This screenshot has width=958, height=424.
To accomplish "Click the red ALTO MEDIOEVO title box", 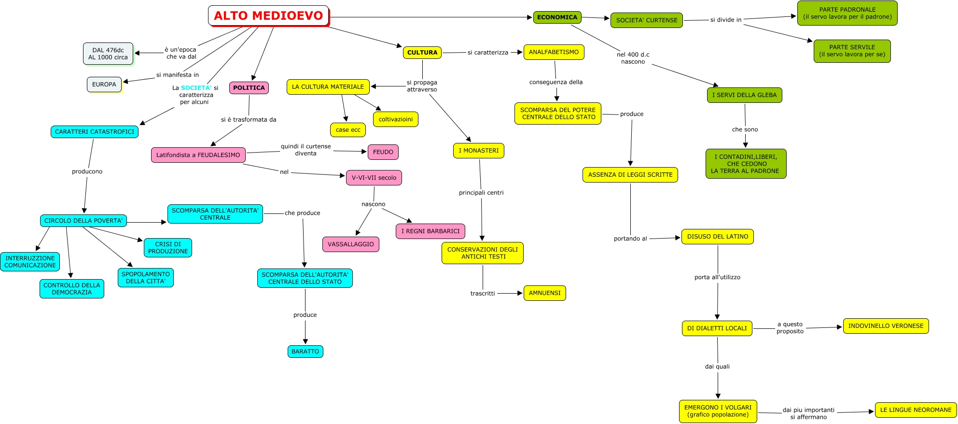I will pos(268,16).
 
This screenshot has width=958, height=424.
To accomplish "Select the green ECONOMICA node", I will pos(557,17).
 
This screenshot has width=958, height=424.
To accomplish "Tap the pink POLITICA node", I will pos(249,88).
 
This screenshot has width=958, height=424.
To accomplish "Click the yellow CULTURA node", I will pos(422,53).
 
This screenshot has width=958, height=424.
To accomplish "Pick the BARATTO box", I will pos(305,352).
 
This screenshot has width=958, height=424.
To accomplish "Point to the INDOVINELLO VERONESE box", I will pos(886,326).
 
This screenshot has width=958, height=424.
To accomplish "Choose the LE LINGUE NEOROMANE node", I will pos(916,410).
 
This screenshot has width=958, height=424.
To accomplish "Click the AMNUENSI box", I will pos(544,293).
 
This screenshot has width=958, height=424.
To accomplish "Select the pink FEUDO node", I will pos(383,152).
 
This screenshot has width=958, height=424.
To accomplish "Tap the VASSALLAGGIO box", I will pos(350,244).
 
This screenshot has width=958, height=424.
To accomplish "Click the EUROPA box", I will pos(104,85).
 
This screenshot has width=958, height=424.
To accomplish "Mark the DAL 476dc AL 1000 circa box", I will pos(108,54).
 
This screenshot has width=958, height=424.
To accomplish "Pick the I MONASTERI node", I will pos(478,151).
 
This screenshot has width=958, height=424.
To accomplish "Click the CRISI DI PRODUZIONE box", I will pos(168,248).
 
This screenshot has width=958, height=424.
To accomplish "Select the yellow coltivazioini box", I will pos(395,119).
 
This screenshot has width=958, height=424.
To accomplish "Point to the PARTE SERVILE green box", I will pos(852,51).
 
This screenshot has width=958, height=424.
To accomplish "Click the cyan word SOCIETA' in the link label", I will pos(196,88).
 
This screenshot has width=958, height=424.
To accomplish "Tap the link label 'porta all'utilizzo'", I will pos(717,277).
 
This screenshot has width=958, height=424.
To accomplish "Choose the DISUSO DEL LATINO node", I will pos(717,237).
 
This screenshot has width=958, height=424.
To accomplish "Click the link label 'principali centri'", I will pos(481,193).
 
